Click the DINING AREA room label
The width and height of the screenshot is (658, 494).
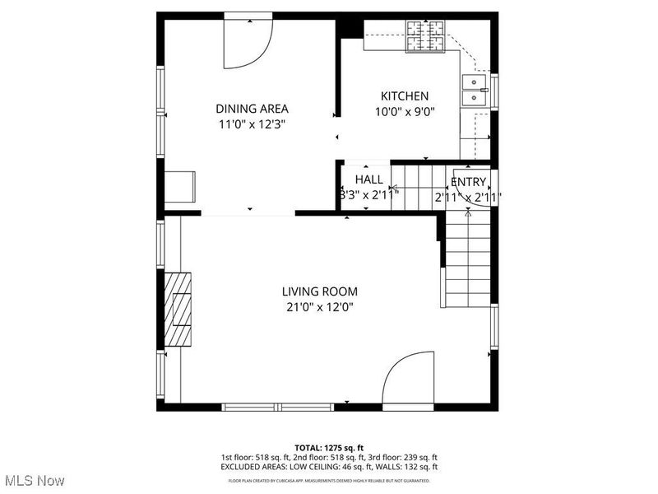(252, 109)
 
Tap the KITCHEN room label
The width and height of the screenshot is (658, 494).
(404, 96)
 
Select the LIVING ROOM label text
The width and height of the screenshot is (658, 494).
(319, 291)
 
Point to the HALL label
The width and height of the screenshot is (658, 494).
(368, 179)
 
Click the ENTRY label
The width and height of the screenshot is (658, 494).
(468, 182)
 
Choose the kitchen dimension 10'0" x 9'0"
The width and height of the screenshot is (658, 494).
(404, 112)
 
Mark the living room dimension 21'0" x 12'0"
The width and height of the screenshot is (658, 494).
(319, 307)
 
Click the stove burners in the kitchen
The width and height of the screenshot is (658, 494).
(425, 35)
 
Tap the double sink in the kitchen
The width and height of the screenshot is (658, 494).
(474, 91)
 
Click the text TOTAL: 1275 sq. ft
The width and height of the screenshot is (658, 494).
(328, 447)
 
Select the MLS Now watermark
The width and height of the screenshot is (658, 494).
(34, 479)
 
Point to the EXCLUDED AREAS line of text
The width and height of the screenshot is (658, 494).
(328, 468)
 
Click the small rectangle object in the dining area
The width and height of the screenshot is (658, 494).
(180, 187)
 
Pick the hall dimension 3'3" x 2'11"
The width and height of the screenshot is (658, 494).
(368, 195)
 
